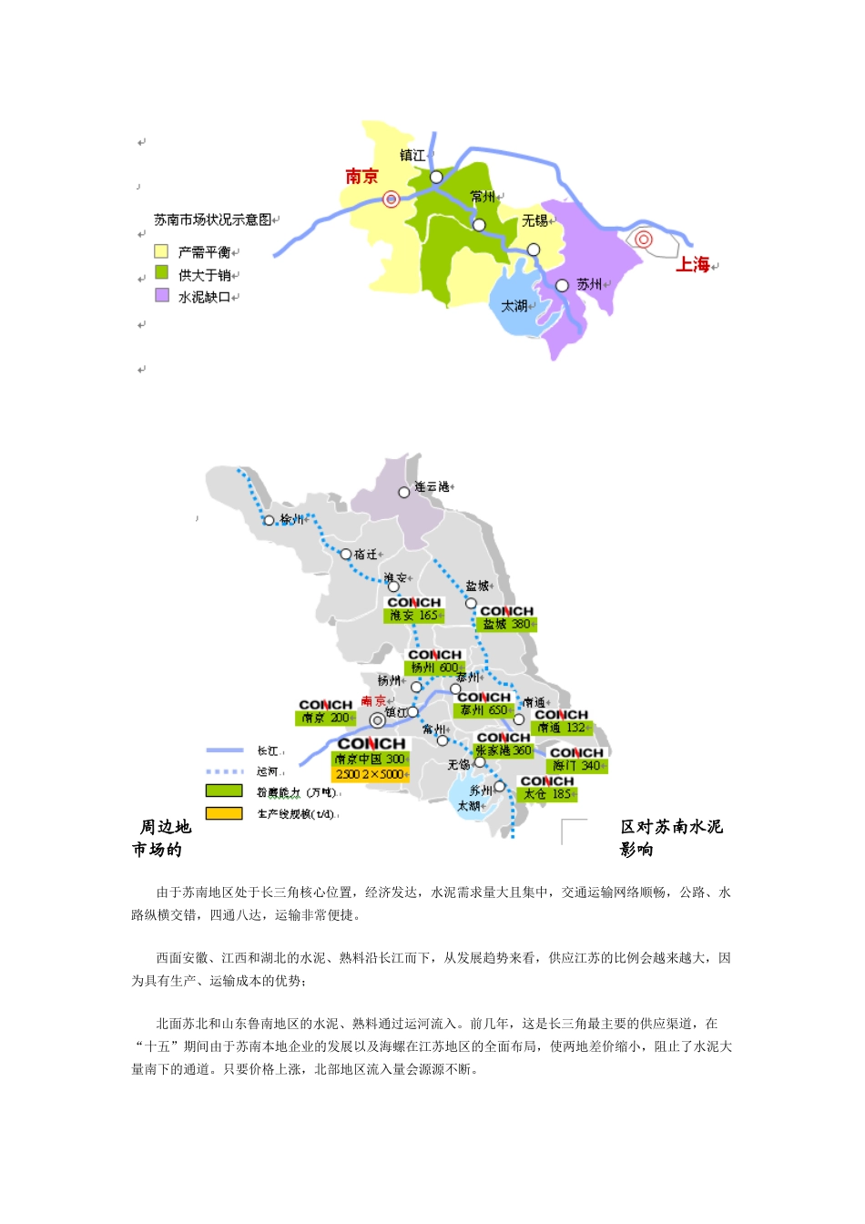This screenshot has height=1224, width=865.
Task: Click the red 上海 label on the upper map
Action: [692, 265]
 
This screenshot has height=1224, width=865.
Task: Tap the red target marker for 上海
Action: [644, 240]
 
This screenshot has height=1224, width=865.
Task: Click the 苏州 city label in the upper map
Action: [590, 285]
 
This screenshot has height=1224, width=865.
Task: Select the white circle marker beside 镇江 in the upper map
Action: [436, 177]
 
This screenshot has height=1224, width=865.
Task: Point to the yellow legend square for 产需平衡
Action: [161, 251]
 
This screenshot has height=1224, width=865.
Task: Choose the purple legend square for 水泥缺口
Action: [161, 295]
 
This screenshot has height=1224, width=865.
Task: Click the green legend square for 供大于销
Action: [161, 272]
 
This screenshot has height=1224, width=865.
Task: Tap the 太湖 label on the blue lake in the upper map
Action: [514, 306]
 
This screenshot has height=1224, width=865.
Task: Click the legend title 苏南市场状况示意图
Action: [213, 219]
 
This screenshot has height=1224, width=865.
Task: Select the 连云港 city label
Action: [432, 487]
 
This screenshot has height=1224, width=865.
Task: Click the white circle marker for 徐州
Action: [269, 521]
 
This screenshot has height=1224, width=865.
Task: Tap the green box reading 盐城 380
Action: [506, 625]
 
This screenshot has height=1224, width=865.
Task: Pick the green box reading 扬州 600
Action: [434, 668]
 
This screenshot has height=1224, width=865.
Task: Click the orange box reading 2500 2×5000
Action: [370, 774]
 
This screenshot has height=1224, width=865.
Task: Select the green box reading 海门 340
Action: [577, 766]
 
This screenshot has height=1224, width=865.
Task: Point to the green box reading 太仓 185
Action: [547, 794]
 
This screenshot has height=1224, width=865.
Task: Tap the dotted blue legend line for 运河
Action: [224, 771]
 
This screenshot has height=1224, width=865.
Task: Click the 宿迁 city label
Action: [366, 555]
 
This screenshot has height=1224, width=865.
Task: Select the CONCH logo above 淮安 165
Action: [413, 603]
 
